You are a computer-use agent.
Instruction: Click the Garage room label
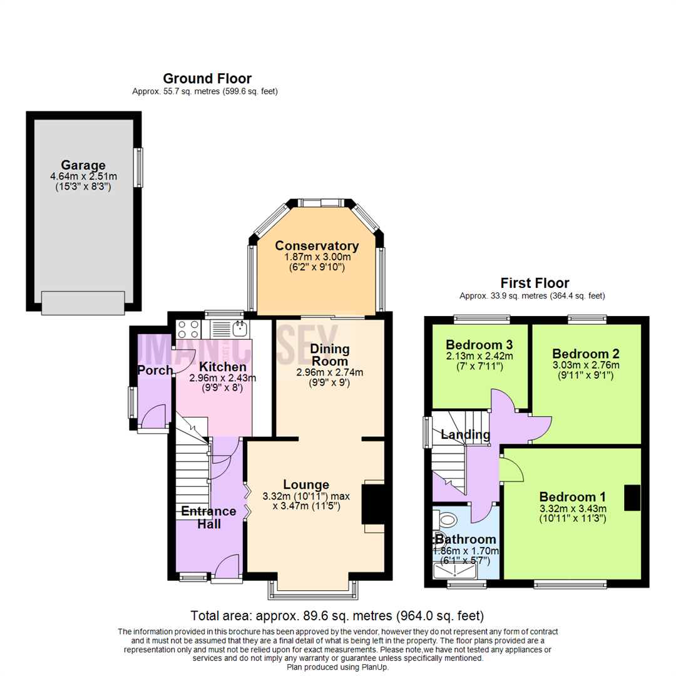83,165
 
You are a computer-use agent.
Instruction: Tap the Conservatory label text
317,245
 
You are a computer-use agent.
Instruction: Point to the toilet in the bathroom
447,519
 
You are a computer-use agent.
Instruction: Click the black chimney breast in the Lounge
373,503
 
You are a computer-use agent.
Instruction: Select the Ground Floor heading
207,79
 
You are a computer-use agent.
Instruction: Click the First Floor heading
534,283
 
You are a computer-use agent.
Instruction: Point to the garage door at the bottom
83,303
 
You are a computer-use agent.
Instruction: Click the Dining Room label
330,355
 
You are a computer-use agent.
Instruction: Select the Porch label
155,371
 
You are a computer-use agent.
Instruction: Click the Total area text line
337,615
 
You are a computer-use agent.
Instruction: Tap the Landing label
464,434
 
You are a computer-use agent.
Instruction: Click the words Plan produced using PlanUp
338,667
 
